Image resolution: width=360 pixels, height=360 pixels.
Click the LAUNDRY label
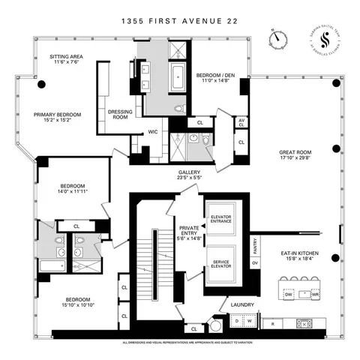point(241,305)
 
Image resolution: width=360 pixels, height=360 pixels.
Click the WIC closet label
point(152,132)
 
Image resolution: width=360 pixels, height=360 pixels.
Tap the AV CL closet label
point(241,121)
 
